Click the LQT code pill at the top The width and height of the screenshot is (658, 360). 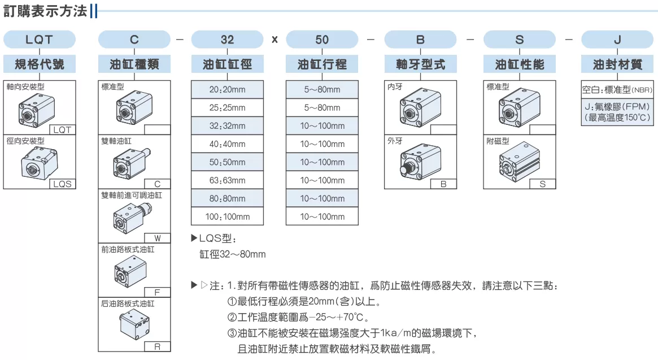40,40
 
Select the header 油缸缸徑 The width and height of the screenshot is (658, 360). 228,64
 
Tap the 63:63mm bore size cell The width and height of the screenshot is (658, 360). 228,180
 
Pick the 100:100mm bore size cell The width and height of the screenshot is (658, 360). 228,217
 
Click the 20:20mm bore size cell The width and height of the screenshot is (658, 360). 228,89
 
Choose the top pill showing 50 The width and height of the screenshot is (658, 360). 323,40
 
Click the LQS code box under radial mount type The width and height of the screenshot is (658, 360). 63,184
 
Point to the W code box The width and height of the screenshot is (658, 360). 158,238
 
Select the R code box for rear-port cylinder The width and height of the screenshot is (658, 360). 158,346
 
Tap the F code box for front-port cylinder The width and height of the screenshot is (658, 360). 158,292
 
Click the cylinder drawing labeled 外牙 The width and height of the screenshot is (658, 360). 420,161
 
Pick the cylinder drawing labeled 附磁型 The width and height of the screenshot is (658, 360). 520,162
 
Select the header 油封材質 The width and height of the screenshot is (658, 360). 617,64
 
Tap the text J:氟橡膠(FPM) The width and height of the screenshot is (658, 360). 617,107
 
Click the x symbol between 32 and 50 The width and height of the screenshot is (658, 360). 275,40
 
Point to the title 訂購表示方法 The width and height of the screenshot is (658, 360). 45,11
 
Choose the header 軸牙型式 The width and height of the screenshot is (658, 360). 420,64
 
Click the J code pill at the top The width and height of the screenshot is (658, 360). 617,40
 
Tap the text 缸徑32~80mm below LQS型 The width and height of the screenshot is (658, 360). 233,254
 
